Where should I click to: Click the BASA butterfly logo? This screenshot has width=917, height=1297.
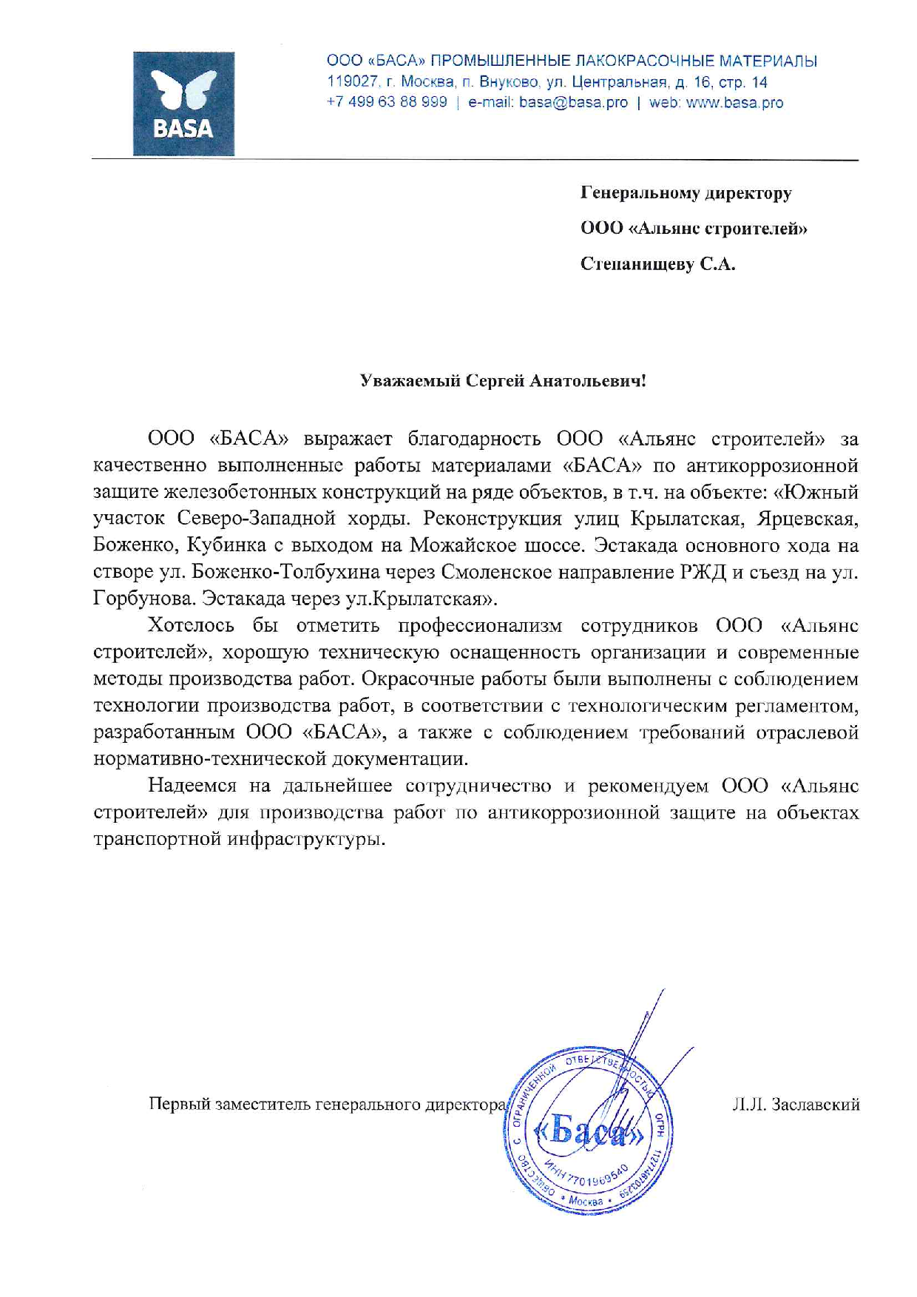click(183, 103)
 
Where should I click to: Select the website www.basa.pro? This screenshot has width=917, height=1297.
click(734, 103)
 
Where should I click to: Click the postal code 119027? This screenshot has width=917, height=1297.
click(353, 82)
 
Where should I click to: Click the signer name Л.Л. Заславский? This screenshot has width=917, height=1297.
click(795, 1105)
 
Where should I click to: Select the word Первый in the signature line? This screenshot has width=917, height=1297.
click(178, 1105)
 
